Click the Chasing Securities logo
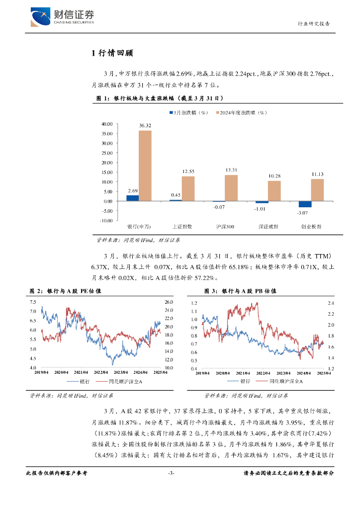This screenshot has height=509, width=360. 62,16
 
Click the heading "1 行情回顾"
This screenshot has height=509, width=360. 112,53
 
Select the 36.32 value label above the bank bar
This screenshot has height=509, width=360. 145,126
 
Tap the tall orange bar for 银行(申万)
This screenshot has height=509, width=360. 145,166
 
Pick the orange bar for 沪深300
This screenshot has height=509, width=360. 231,188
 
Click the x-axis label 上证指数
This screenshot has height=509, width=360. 181,226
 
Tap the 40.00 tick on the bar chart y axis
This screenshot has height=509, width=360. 107,124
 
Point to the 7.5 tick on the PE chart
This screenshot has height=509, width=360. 33,302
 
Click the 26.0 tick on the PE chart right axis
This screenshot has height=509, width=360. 168,302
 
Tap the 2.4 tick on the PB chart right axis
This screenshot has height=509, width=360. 331,303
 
